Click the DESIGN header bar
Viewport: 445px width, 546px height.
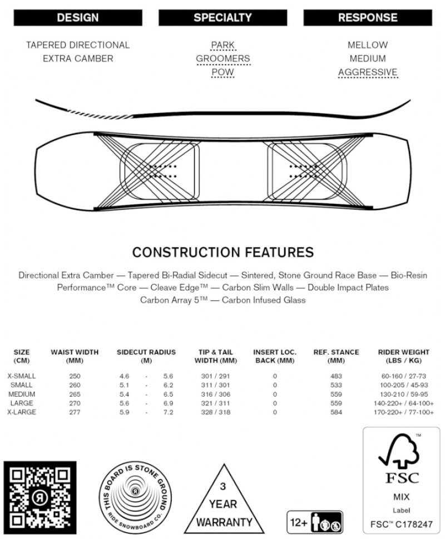tap(77, 18)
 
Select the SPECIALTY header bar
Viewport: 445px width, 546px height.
tap(222, 18)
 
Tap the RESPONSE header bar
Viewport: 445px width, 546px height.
tap(367, 18)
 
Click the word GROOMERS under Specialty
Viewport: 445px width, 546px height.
tap(222, 58)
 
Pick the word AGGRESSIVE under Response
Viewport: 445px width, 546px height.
tap(368, 72)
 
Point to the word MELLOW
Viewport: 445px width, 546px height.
tap(368, 45)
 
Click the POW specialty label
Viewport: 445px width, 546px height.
tap(222, 72)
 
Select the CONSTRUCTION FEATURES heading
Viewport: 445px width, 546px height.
tap(222, 252)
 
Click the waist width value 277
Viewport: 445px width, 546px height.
tap(75, 412)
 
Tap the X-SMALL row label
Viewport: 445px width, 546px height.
tap(22, 376)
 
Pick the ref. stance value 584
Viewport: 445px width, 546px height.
tap(336, 412)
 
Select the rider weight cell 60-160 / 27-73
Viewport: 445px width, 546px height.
tap(403, 376)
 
